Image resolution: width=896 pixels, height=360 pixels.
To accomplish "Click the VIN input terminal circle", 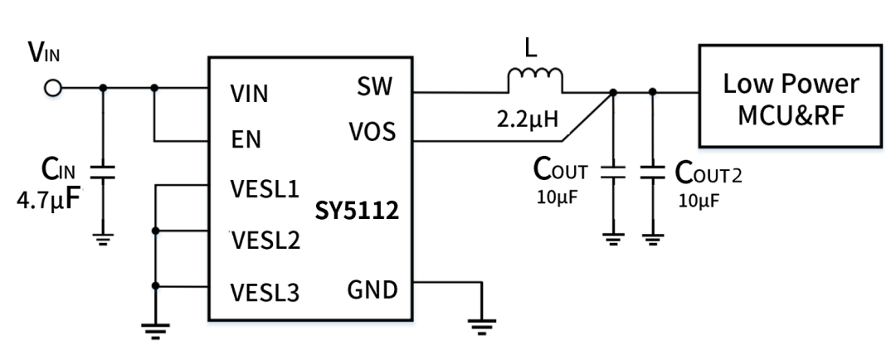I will click(x=54, y=88).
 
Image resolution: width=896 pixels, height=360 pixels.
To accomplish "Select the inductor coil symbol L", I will click(x=534, y=80).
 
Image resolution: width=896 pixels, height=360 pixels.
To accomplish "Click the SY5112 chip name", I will click(x=357, y=211).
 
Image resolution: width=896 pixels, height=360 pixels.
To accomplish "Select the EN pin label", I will click(x=246, y=139).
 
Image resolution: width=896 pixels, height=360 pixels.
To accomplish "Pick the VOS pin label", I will click(x=372, y=133).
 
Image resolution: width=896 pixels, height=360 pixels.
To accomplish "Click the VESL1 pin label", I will click(x=263, y=187).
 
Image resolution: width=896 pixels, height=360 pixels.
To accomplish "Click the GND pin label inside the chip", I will click(x=371, y=290).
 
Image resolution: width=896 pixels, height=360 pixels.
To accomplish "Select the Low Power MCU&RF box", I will click(x=790, y=97).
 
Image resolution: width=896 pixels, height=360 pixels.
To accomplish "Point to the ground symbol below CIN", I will click(x=102, y=239).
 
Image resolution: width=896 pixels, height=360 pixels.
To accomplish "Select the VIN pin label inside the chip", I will click(x=250, y=94).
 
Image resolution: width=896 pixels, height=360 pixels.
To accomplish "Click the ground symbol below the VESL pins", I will click(x=154, y=330).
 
